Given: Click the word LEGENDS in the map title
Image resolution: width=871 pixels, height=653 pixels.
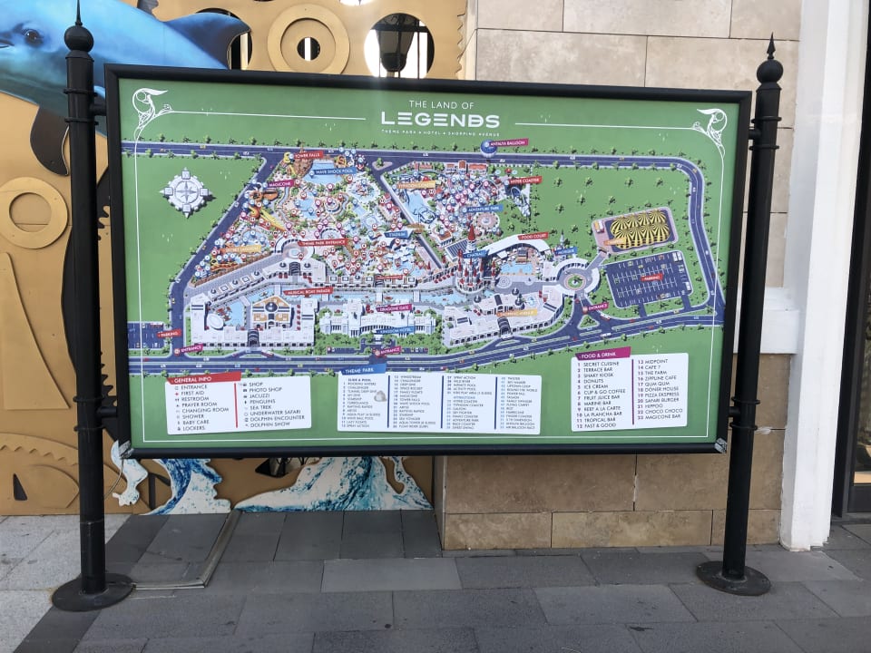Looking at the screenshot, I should tap(440, 120).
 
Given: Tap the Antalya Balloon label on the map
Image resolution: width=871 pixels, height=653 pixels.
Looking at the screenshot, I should tap(506, 143).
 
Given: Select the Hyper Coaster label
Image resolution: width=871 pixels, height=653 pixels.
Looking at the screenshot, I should tap(524, 180).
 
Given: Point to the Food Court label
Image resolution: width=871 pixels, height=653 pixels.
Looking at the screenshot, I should tap(533, 236).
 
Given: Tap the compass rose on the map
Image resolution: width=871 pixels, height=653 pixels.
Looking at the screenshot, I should tap(186, 192).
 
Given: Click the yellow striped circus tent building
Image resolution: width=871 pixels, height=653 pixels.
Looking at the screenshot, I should tap(634, 229).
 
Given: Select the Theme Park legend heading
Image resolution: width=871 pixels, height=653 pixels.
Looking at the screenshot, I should tap(375, 369).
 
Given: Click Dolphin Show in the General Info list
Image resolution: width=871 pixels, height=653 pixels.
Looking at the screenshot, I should tap(269, 424).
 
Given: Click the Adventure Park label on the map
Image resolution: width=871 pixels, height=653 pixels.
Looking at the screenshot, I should tap(484, 209).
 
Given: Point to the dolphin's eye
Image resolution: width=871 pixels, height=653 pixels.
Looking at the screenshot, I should tap(34, 36).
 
